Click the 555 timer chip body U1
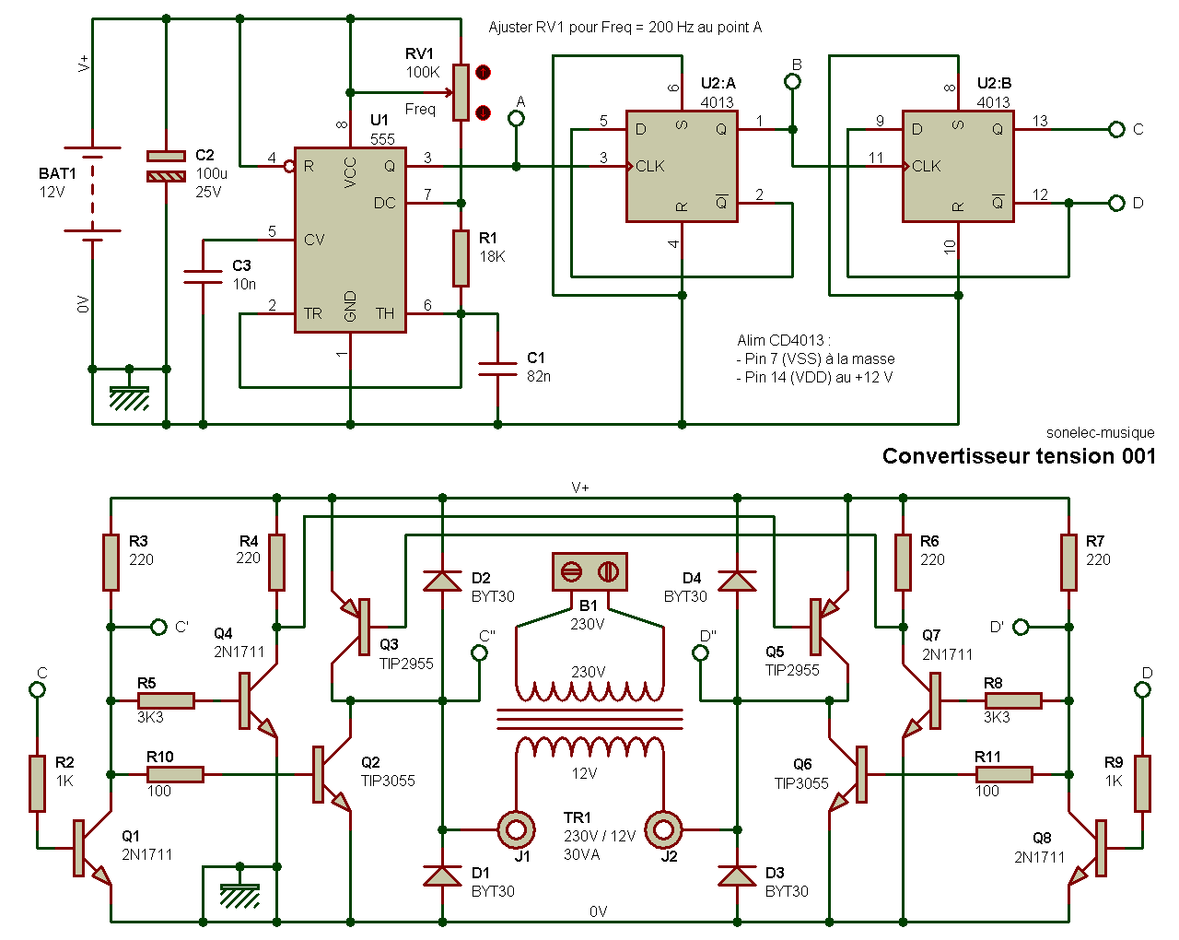click(x=350, y=240)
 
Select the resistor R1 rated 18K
click(x=461, y=258)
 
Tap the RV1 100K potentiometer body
click(x=461, y=92)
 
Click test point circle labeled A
click(x=516, y=118)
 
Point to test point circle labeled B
click(x=792, y=82)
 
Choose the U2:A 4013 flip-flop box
click(x=683, y=166)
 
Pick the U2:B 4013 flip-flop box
click(x=958, y=166)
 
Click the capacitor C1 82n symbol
click(x=497, y=369)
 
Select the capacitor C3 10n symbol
click(x=203, y=276)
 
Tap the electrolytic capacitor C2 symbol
click(x=166, y=166)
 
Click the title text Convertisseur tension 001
click(x=1019, y=456)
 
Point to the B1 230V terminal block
click(x=589, y=571)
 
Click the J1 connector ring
click(x=516, y=829)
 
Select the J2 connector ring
click(x=663, y=829)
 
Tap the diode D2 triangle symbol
click(x=442, y=581)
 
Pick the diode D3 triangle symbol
click(x=737, y=875)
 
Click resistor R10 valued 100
click(x=175, y=774)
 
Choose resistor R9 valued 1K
click(x=1142, y=783)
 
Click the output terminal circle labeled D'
click(x=1021, y=627)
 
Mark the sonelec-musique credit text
click(x=1100, y=433)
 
